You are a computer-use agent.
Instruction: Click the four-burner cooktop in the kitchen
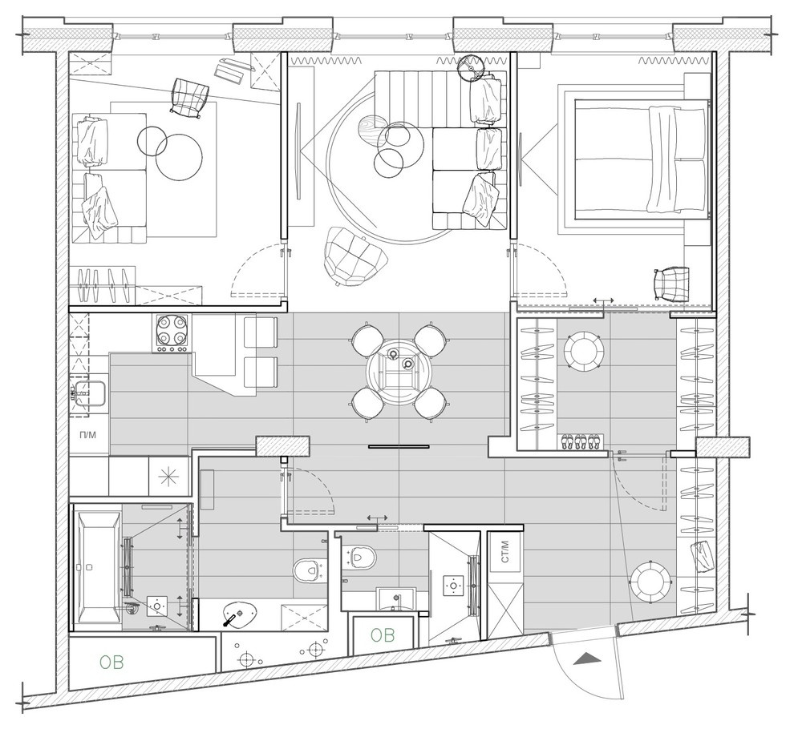point(172,332)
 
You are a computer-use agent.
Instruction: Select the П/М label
point(88,435)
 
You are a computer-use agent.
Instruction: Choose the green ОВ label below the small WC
point(382,635)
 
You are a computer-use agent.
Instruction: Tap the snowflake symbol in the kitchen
point(169,476)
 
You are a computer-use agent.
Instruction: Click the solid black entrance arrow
point(588,659)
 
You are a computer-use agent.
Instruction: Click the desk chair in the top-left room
point(188,97)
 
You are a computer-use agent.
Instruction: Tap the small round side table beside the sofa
point(471,67)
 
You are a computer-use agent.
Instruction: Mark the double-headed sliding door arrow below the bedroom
point(603,300)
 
